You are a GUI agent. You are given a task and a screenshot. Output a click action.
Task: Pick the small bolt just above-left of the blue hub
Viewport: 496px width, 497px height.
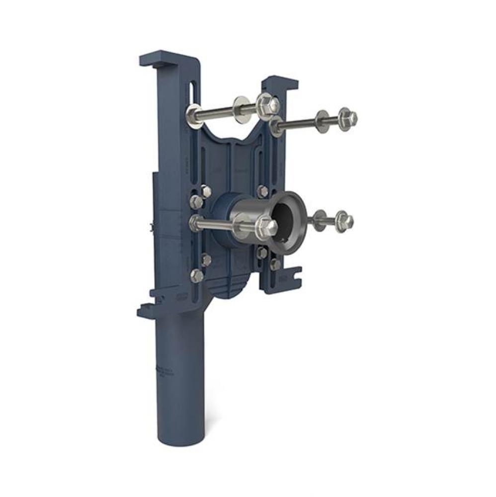point(205,191)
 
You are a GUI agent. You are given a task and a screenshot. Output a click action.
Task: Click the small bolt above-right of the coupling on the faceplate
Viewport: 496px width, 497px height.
point(262,191)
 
